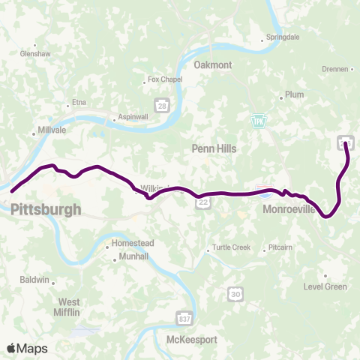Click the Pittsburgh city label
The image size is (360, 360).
(46, 209)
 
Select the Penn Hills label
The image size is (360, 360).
(214, 148)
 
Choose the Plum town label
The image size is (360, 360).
(293, 95)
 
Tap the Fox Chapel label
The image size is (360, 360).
(165, 79)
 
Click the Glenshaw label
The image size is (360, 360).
(34, 54)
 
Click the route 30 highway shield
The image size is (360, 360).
(235, 295)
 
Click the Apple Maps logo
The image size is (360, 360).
(27, 347)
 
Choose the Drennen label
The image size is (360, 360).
(334, 69)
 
